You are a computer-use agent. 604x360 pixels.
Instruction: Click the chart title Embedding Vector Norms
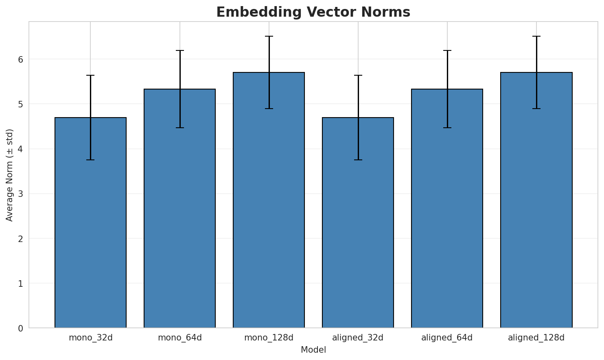pyautogui.click(x=313, y=12)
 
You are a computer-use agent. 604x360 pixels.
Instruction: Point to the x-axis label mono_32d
pyautogui.click(x=90, y=338)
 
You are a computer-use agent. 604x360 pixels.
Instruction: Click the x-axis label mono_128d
pyautogui.click(x=269, y=338)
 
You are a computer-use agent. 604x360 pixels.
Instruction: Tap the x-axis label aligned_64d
pyautogui.click(x=447, y=338)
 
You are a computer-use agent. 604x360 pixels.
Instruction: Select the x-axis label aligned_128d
pyautogui.click(x=536, y=338)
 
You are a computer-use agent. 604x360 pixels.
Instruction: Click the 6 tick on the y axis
pyautogui.click(x=21, y=59)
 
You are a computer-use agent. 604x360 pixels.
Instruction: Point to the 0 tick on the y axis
pyautogui.click(x=21, y=328)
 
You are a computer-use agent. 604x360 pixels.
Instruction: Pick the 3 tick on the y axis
pyautogui.click(x=21, y=194)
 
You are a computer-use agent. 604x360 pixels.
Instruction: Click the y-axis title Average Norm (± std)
pyautogui.click(x=10, y=175)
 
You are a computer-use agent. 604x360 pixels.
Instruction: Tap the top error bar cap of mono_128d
pyautogui.click(x=269, y=36)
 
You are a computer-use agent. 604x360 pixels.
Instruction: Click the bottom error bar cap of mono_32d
pyautogui.click(x=90, y=160)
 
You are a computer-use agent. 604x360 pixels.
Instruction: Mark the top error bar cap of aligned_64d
pyautogui.click(x=447, y=50)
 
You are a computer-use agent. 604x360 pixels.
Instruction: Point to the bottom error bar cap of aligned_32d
pyautogui.click(x=358, y=160)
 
